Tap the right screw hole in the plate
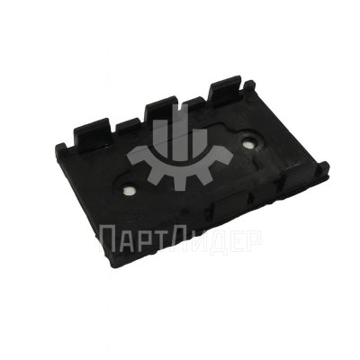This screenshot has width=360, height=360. click(248, 141)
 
